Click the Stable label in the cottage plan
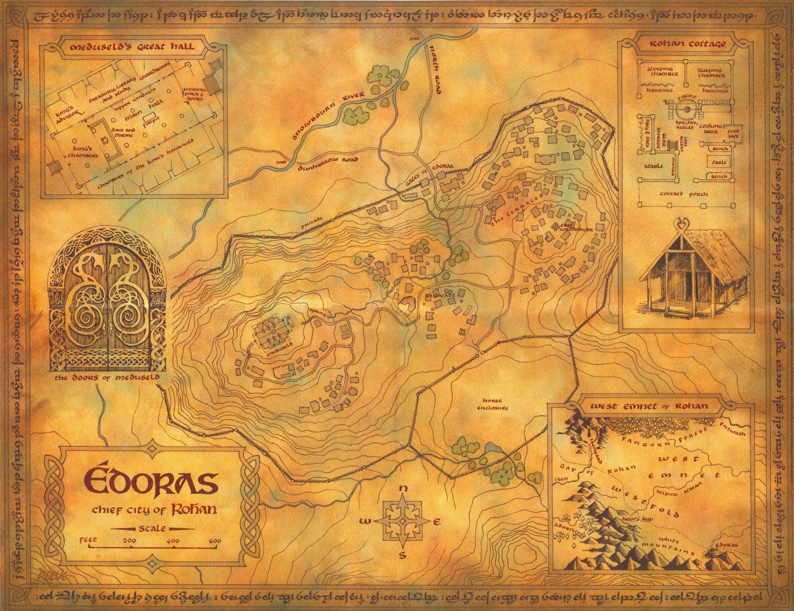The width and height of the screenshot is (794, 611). [653, 167]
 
